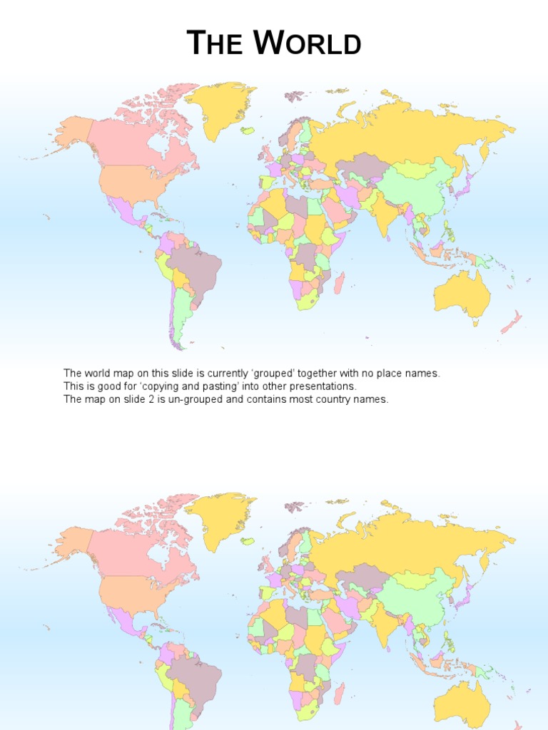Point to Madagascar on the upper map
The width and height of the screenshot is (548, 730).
click(x=340, y=282)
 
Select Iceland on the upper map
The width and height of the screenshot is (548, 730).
click(x=248, y=130)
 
